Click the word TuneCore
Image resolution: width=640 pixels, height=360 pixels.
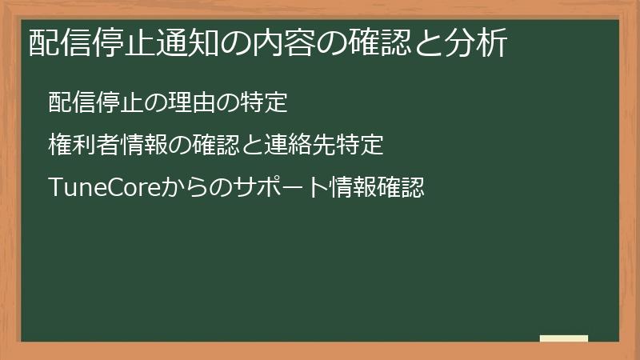pos(104,189)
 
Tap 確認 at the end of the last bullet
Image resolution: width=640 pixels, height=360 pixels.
pos(398,189)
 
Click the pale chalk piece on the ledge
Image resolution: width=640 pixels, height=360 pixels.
pos(564,338)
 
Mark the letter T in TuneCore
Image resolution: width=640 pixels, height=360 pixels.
pos(54,189)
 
